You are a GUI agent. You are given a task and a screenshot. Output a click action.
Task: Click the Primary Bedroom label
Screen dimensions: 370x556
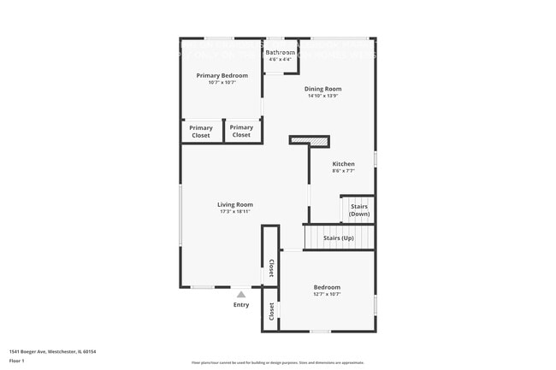[222, 75]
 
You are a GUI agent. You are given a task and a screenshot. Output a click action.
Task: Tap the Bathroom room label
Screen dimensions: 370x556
[280, 53]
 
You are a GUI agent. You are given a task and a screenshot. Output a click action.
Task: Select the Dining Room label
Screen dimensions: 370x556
[322, 89]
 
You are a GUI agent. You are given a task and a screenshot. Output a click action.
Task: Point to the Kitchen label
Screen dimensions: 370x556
[343, 164]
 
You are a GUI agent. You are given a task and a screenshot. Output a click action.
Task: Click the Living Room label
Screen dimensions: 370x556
[234, 204]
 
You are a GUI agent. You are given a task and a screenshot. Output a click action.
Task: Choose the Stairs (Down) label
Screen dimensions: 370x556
[358, 210]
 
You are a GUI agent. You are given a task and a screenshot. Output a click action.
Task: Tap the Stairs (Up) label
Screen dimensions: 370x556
[339, 238]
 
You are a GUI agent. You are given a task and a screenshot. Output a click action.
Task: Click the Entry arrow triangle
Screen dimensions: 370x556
[241, 294]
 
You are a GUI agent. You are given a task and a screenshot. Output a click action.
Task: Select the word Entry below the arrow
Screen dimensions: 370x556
[241, 305]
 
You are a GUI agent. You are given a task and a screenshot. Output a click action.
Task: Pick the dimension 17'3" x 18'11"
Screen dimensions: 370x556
[234, 212]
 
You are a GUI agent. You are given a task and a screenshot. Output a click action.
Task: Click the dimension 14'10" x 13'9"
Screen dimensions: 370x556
[322, 96]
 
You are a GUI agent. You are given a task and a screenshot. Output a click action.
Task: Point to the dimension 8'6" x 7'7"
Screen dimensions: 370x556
[343, 171]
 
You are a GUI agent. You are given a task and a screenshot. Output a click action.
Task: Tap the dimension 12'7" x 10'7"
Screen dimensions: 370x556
[327, 294]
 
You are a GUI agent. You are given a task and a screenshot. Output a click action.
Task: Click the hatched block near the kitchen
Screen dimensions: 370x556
[311, 140]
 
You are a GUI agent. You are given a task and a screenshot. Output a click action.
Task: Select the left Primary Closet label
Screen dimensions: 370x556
[201, 132]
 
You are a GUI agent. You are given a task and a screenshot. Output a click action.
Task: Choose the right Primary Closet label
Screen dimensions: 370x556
[242, 132]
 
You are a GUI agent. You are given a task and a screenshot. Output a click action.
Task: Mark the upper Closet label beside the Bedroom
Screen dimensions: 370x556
[271, 267]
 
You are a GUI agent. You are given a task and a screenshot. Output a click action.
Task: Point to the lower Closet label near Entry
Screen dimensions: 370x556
[271, 312]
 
